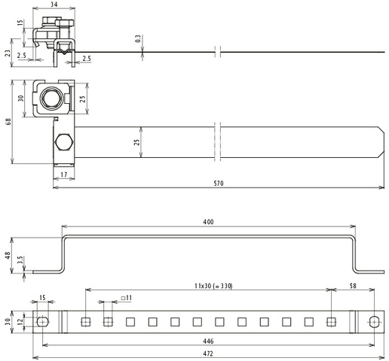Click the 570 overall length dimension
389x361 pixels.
pyautogui.click(x=219, y=184)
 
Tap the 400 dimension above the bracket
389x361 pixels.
pyautogui.click(x=208, y=222)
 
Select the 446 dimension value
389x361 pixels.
pyautogui.click(x=208, y=341)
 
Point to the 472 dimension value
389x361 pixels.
pyautogui.click(x=208, y=353)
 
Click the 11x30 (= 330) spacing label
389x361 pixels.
pyautogui.click(x=213, y=286)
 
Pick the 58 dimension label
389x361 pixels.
pyautogui.click(x=353, y=286)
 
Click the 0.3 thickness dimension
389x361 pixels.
pyautogui.click(x=138, y=38)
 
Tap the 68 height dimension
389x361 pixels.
pyautogui.click(x=8, y=122)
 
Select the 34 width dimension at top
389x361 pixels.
pyautogui.click(x=54, y=5)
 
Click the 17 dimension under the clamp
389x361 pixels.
pyautogui.click(x=64, y=174)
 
